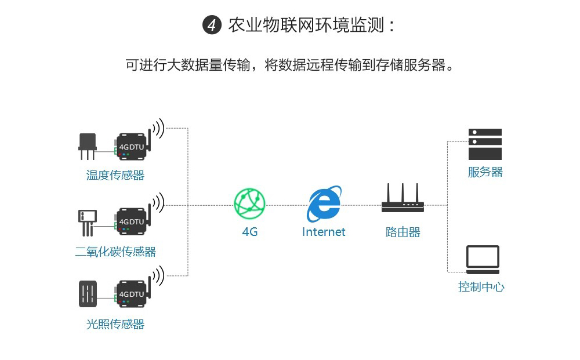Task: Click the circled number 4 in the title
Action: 212,26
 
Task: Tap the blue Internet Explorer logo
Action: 324,203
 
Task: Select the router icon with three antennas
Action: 403,199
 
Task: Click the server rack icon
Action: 485,144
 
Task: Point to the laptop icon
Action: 483,260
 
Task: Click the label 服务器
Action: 485,172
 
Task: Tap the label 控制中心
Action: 481,287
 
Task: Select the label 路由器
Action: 403,232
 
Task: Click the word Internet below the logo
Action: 324,232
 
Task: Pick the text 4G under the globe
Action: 249,232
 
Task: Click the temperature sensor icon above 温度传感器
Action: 88,145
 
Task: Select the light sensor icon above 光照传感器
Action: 88,294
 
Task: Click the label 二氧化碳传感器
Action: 115,252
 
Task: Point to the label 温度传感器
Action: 115,175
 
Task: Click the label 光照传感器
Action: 115,324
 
